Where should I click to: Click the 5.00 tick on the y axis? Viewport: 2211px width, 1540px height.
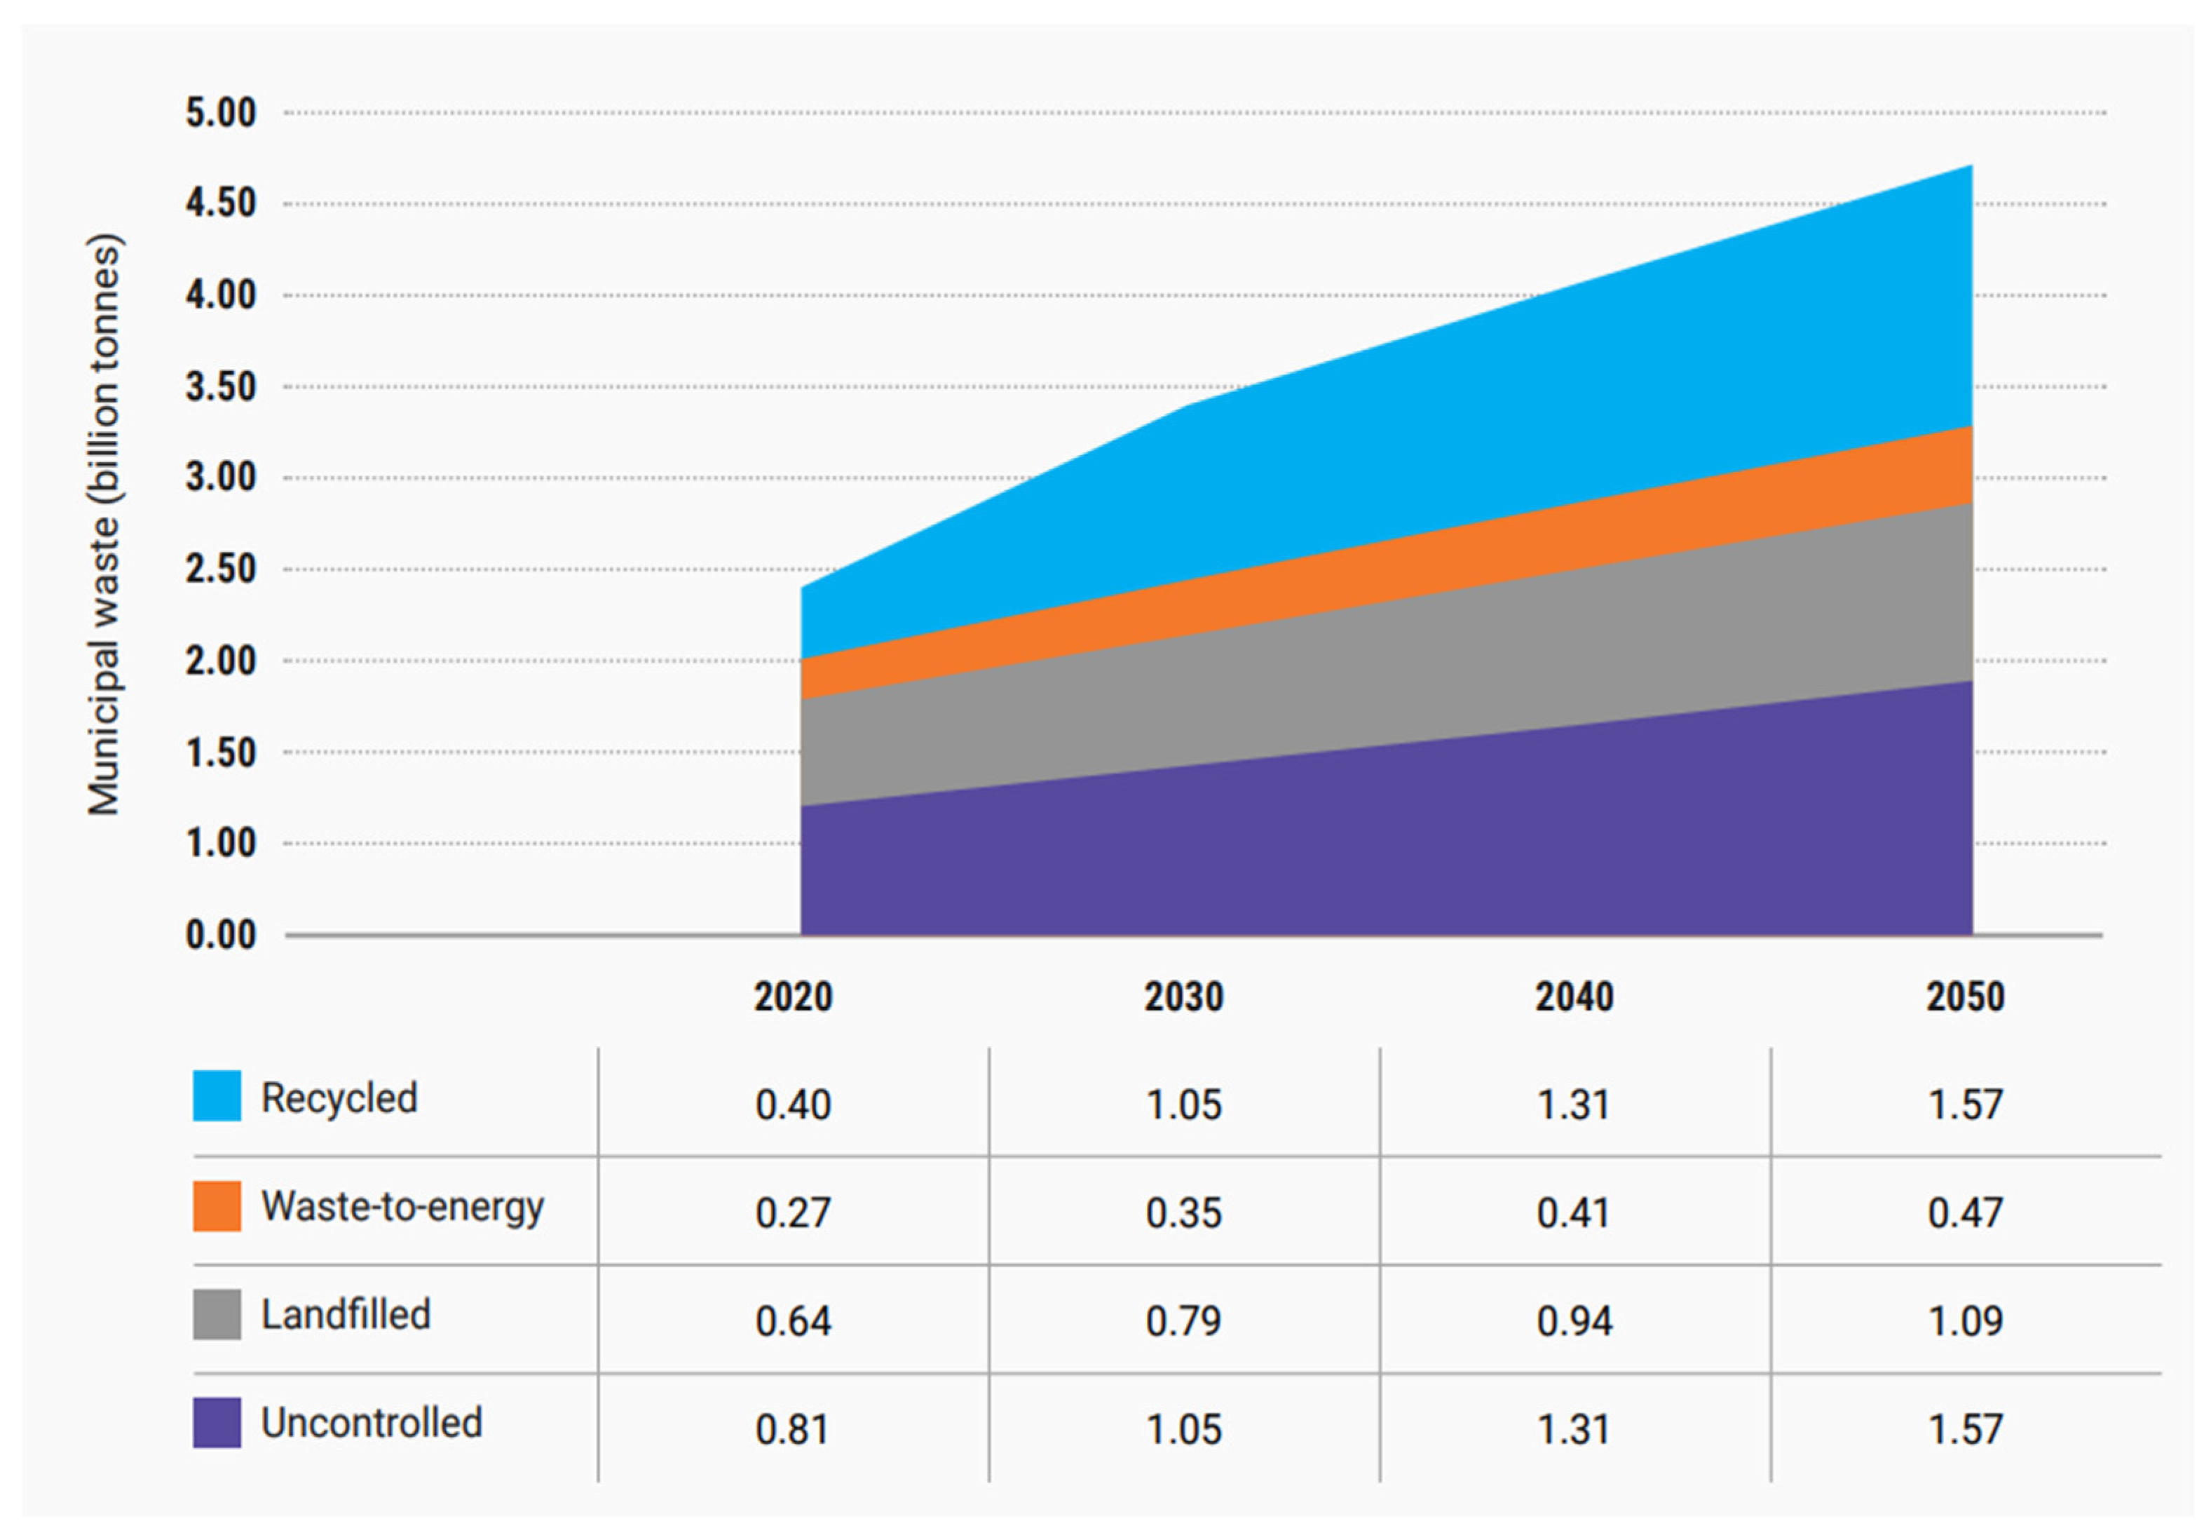coord(221,113)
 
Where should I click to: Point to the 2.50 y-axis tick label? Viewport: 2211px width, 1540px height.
coord(221,569)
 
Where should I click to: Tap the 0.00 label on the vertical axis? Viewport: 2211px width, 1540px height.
coord(221,934)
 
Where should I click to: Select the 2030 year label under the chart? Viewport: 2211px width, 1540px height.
coord(1183,997)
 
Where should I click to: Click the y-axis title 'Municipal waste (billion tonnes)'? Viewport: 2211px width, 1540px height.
coord(104,525)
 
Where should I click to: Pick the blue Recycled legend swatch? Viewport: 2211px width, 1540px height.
coord(217,1096)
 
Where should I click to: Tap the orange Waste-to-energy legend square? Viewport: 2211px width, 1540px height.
coord(217,1205)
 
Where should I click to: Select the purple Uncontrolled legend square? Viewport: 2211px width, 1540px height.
coord(217,1422)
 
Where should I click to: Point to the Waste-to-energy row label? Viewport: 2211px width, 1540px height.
coord(402,1208)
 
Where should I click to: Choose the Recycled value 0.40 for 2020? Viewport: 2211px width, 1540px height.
coord(793,1105)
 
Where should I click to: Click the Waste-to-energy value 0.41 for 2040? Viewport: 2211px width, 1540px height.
coord(1574,1213)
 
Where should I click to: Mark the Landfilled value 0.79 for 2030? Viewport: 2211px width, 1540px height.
coord(1183,1321)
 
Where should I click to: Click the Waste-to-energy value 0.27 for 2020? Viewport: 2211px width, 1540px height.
coord(793,1213)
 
